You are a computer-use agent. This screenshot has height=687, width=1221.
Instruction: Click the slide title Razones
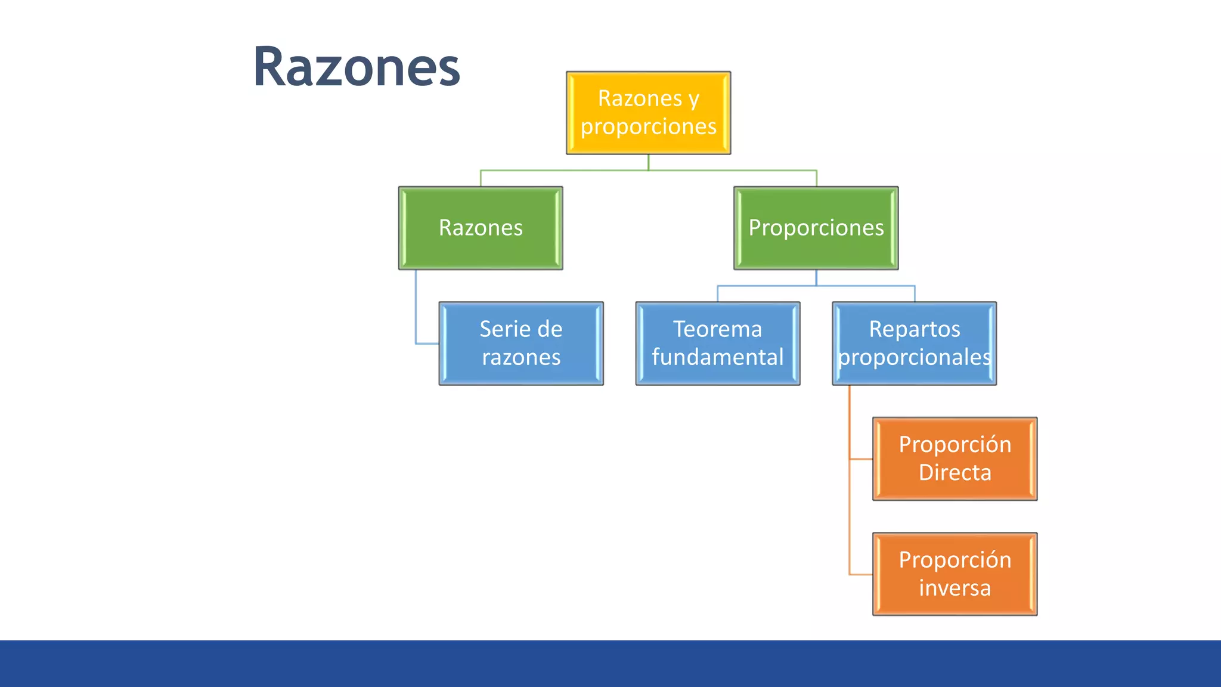point(357,67)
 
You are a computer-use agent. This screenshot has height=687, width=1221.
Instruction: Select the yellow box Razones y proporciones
point(648,113)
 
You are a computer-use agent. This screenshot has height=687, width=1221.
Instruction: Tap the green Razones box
point(481,228)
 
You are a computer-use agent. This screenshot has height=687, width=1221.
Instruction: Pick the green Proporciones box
point(816,228)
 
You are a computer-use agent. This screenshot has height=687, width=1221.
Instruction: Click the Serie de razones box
point(521,343)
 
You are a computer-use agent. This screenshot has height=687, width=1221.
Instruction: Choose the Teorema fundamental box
point(717,343)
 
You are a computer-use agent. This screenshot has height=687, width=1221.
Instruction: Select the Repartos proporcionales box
point(914,343)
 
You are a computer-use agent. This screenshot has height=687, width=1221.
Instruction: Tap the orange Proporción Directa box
point(955,459)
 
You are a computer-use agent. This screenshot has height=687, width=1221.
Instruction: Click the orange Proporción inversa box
point(955,574)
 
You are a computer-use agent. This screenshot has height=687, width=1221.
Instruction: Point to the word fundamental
point(717,357)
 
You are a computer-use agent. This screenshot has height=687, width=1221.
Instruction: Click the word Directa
point(955,473)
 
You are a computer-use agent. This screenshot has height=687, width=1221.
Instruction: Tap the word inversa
point(955,588)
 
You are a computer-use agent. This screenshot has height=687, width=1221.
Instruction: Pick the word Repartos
point(914,329)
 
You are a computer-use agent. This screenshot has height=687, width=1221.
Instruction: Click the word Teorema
point(717,329)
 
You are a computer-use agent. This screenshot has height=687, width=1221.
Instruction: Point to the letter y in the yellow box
point(693,100)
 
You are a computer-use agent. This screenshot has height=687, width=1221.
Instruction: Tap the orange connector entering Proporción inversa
point(860,574)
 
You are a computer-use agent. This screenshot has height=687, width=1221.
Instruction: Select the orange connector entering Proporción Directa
point(860,459)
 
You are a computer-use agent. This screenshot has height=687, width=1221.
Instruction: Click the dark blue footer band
point(610,663)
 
